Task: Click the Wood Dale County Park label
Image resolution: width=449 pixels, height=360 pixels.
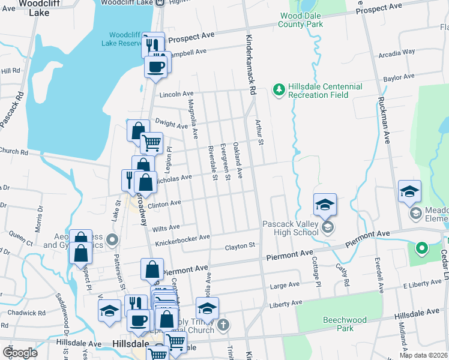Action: [x=301, y=20]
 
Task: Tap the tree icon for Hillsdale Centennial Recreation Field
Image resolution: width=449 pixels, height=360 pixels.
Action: [x=278, y=90]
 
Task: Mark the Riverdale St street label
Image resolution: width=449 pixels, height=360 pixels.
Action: [x=212, y=163]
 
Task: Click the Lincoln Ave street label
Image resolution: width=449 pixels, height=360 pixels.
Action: [x=176, y=94]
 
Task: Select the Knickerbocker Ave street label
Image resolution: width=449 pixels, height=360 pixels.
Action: [x=182, y=237]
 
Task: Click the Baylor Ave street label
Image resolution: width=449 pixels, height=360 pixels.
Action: [x=400, y=78]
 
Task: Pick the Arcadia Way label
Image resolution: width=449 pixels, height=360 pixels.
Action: [x=396, y=52]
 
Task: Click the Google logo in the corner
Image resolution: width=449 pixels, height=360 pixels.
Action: [x=19, y=353]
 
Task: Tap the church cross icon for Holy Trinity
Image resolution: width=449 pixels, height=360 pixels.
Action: [x=223, y=326]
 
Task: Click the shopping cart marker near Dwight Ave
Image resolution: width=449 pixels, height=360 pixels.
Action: [x=151, y=143]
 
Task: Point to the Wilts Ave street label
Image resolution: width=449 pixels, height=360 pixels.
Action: [x=166, y=227]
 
